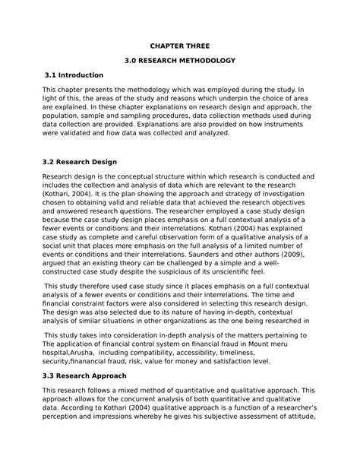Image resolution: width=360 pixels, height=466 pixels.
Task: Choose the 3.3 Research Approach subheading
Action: pos(85,376)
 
